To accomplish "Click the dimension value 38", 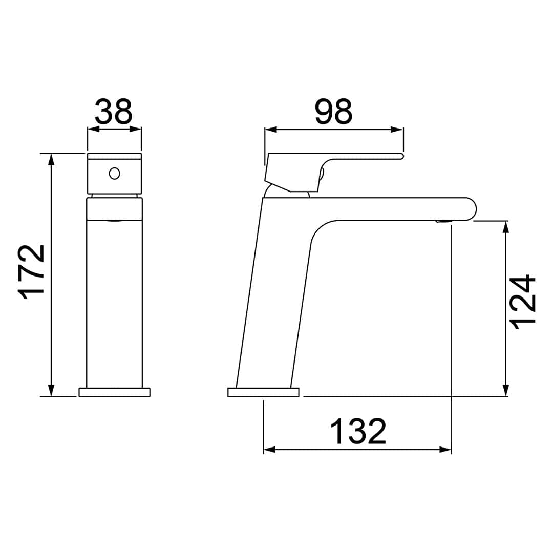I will click(x=114, y=111).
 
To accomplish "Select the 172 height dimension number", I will click(x=31, y=272).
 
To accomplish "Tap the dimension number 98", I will click(x=333, y=112).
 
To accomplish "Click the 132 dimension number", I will click(x=358, y=431).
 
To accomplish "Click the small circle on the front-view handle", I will click(x=114, y=174).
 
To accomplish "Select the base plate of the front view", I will click(x=114, y=392).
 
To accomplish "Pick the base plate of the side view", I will click(x=263, y=392).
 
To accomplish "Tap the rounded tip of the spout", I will click(x=470, y=209).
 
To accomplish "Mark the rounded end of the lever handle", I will click(x=401, y=156).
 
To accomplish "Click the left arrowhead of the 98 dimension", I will click(x=271, y=130).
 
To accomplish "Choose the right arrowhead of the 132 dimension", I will click(x=445, y=450).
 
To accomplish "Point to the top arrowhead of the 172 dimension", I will click(x=51, y=159).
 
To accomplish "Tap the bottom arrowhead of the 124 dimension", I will click(x=506, y=390).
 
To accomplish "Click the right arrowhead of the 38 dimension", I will click(x=135, y=129).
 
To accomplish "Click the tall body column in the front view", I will click(x=114, y=302).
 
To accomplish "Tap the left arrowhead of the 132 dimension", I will click(x=269, y=450).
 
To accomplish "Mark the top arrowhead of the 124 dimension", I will click(x=506, y=227).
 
